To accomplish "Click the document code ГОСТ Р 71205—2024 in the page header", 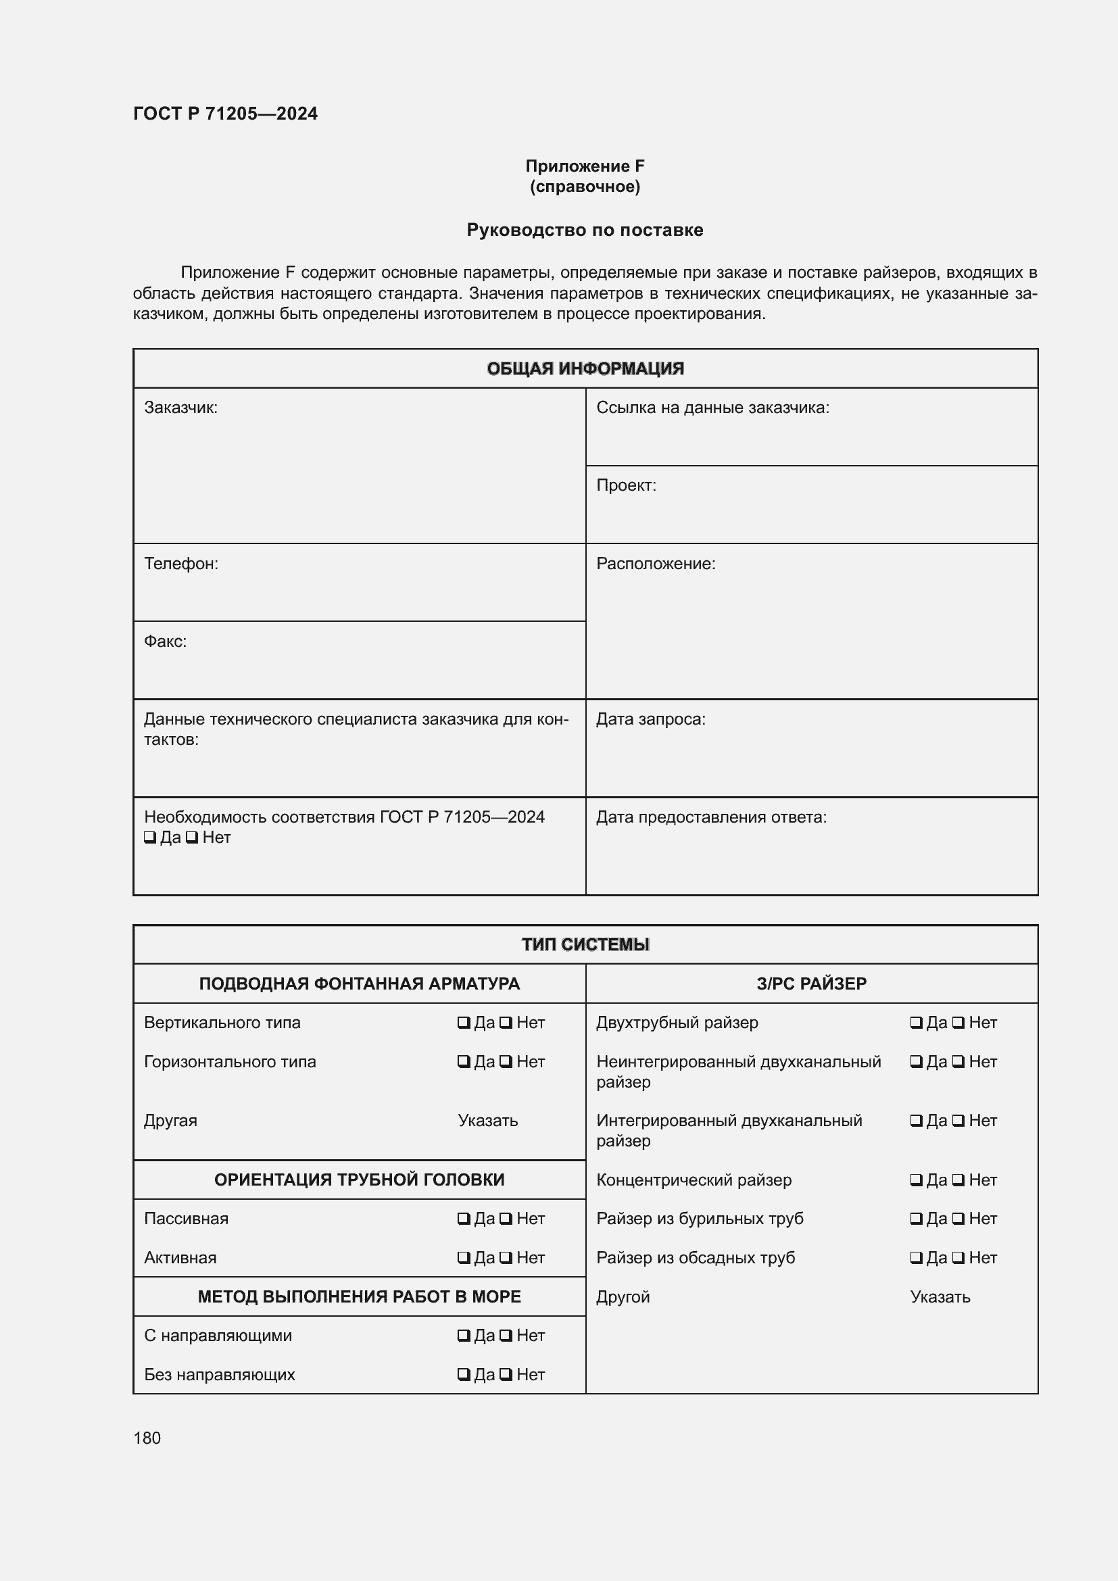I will [x=225, y=114].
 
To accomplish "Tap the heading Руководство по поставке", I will [x=585, y=230].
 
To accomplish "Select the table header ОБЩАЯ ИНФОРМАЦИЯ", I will [x=585, y=368].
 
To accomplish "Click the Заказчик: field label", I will [x=180, y=408].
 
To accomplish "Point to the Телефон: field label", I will [x=181, y=563].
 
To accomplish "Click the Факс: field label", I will [x=165, y=641].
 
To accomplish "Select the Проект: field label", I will [x=626, y=485].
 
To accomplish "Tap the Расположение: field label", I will [x=656, y=563].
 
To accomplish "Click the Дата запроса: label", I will [x=650, y=719].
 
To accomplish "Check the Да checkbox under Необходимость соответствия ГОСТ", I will [x=150, y=838].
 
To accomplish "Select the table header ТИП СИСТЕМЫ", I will [x=585, y=944].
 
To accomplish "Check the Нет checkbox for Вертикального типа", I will [x=506, y=1023].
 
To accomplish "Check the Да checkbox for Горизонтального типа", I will [x=464, y=1062].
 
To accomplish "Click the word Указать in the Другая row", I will [x=487, y=1120].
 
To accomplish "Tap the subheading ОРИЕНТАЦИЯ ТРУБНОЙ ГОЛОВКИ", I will [x=359, y=1179].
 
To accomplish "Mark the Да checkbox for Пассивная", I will [x=464, y=1219].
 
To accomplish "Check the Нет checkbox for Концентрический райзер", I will [x=958, y=1179].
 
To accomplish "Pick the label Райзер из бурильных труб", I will [x=700, y=1219].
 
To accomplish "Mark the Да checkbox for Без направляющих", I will [x=464, y=1375].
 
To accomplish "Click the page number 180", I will [x=147, y=1438].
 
